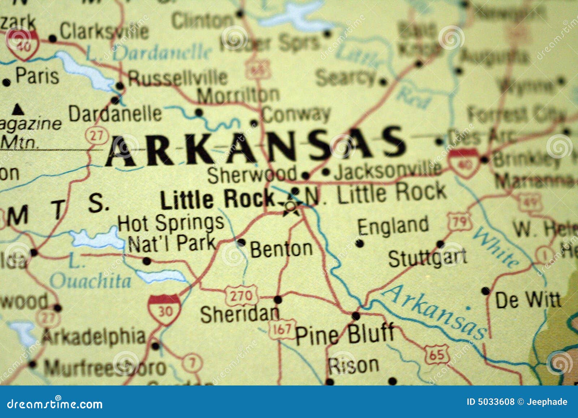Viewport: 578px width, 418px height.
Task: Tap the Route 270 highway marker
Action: [241, 296]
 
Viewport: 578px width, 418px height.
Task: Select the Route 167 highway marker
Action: [282, 329]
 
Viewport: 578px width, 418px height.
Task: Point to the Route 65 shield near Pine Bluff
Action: [436, 354]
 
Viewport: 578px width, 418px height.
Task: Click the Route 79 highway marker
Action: [460, 221]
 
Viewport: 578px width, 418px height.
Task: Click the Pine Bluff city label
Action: [345, 334]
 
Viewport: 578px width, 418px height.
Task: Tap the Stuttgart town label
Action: [427, 257]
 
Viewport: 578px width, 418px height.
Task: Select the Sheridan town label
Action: [240, 314]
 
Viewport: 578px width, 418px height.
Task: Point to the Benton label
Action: [281, 249]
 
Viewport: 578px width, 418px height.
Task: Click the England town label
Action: [393, 226]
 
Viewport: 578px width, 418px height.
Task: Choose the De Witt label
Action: [528, 300]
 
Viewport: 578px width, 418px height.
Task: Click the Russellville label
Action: [178, 77]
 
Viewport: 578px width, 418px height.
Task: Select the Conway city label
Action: [296, 115]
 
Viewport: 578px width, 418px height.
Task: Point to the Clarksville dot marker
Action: [53, 38]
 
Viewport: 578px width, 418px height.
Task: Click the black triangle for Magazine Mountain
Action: [18, 109]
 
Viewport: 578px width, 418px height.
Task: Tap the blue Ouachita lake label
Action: [90, 281]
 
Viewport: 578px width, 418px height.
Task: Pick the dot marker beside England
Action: [359, 243]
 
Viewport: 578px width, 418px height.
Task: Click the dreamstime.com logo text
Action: [55, 404]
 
